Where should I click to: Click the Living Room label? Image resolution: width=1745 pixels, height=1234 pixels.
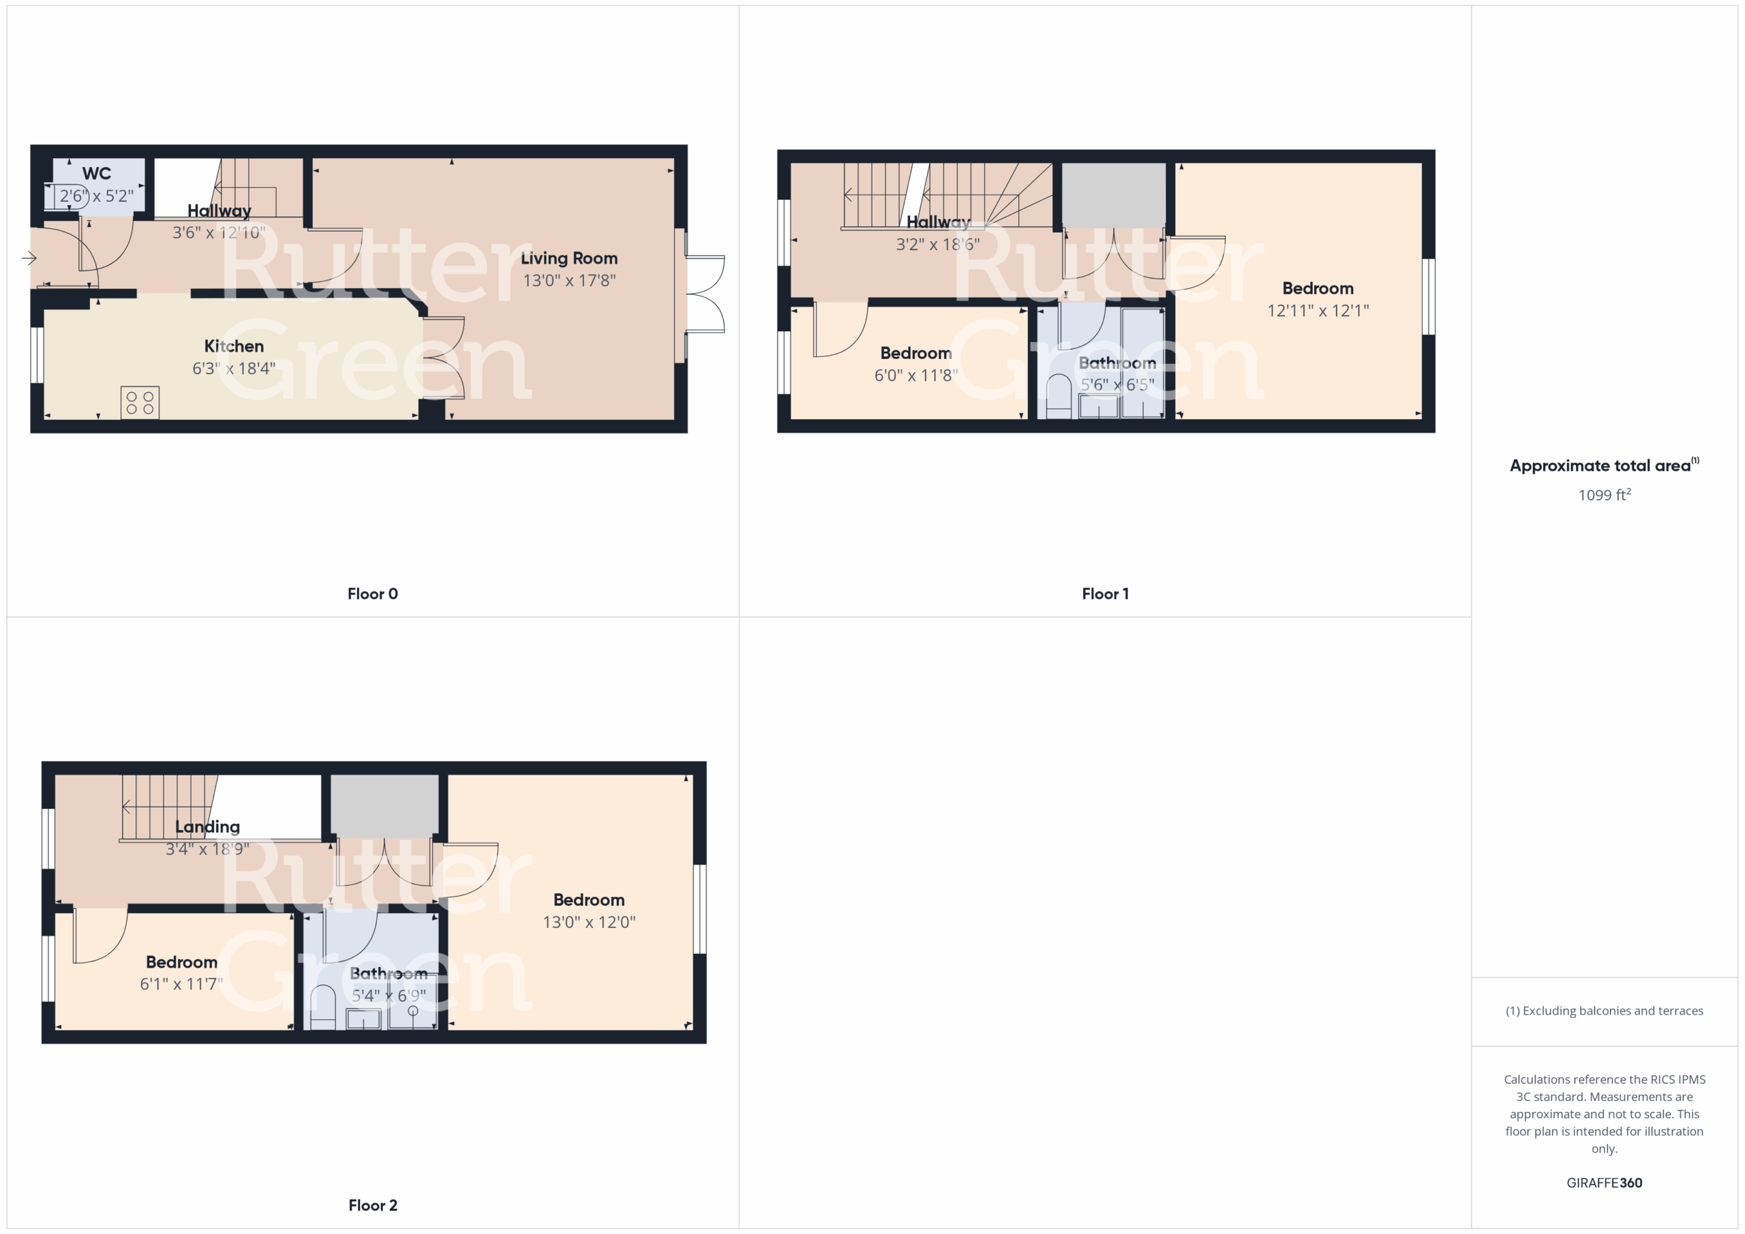click(568, 258)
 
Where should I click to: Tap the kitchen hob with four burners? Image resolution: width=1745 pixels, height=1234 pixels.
click(140, 403)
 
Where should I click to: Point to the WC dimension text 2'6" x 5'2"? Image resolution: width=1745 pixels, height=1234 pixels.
click(97, 196)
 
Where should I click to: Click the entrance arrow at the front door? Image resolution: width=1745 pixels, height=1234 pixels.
click(29, 258)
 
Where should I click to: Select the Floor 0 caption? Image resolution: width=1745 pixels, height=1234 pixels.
click(372, 593)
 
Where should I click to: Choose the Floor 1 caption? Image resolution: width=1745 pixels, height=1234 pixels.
click(1105, 593)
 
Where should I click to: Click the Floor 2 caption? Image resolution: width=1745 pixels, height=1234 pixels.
click(372, 1205)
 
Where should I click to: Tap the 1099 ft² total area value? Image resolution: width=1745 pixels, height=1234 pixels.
click(1605, 495)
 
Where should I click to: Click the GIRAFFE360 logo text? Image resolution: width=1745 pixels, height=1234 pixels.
click(1605, 1182)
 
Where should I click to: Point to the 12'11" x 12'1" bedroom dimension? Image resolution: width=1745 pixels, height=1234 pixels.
click(1318, 310)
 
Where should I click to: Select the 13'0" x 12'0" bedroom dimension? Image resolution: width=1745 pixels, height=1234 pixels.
click(589, 922)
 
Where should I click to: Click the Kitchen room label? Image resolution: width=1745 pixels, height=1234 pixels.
click(234, 345)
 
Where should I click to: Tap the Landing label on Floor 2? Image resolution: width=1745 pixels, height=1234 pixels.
click(207, 827)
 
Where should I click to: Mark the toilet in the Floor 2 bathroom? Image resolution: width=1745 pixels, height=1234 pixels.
click(323, 1007)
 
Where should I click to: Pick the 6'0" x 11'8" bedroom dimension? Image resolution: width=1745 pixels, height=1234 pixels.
click(916, 375)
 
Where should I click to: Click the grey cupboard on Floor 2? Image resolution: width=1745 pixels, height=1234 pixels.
click(384, 805)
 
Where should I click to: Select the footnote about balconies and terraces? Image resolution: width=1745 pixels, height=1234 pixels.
click(1605, 1011)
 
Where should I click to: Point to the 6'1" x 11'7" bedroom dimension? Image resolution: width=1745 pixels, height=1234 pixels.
click(181, 984)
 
